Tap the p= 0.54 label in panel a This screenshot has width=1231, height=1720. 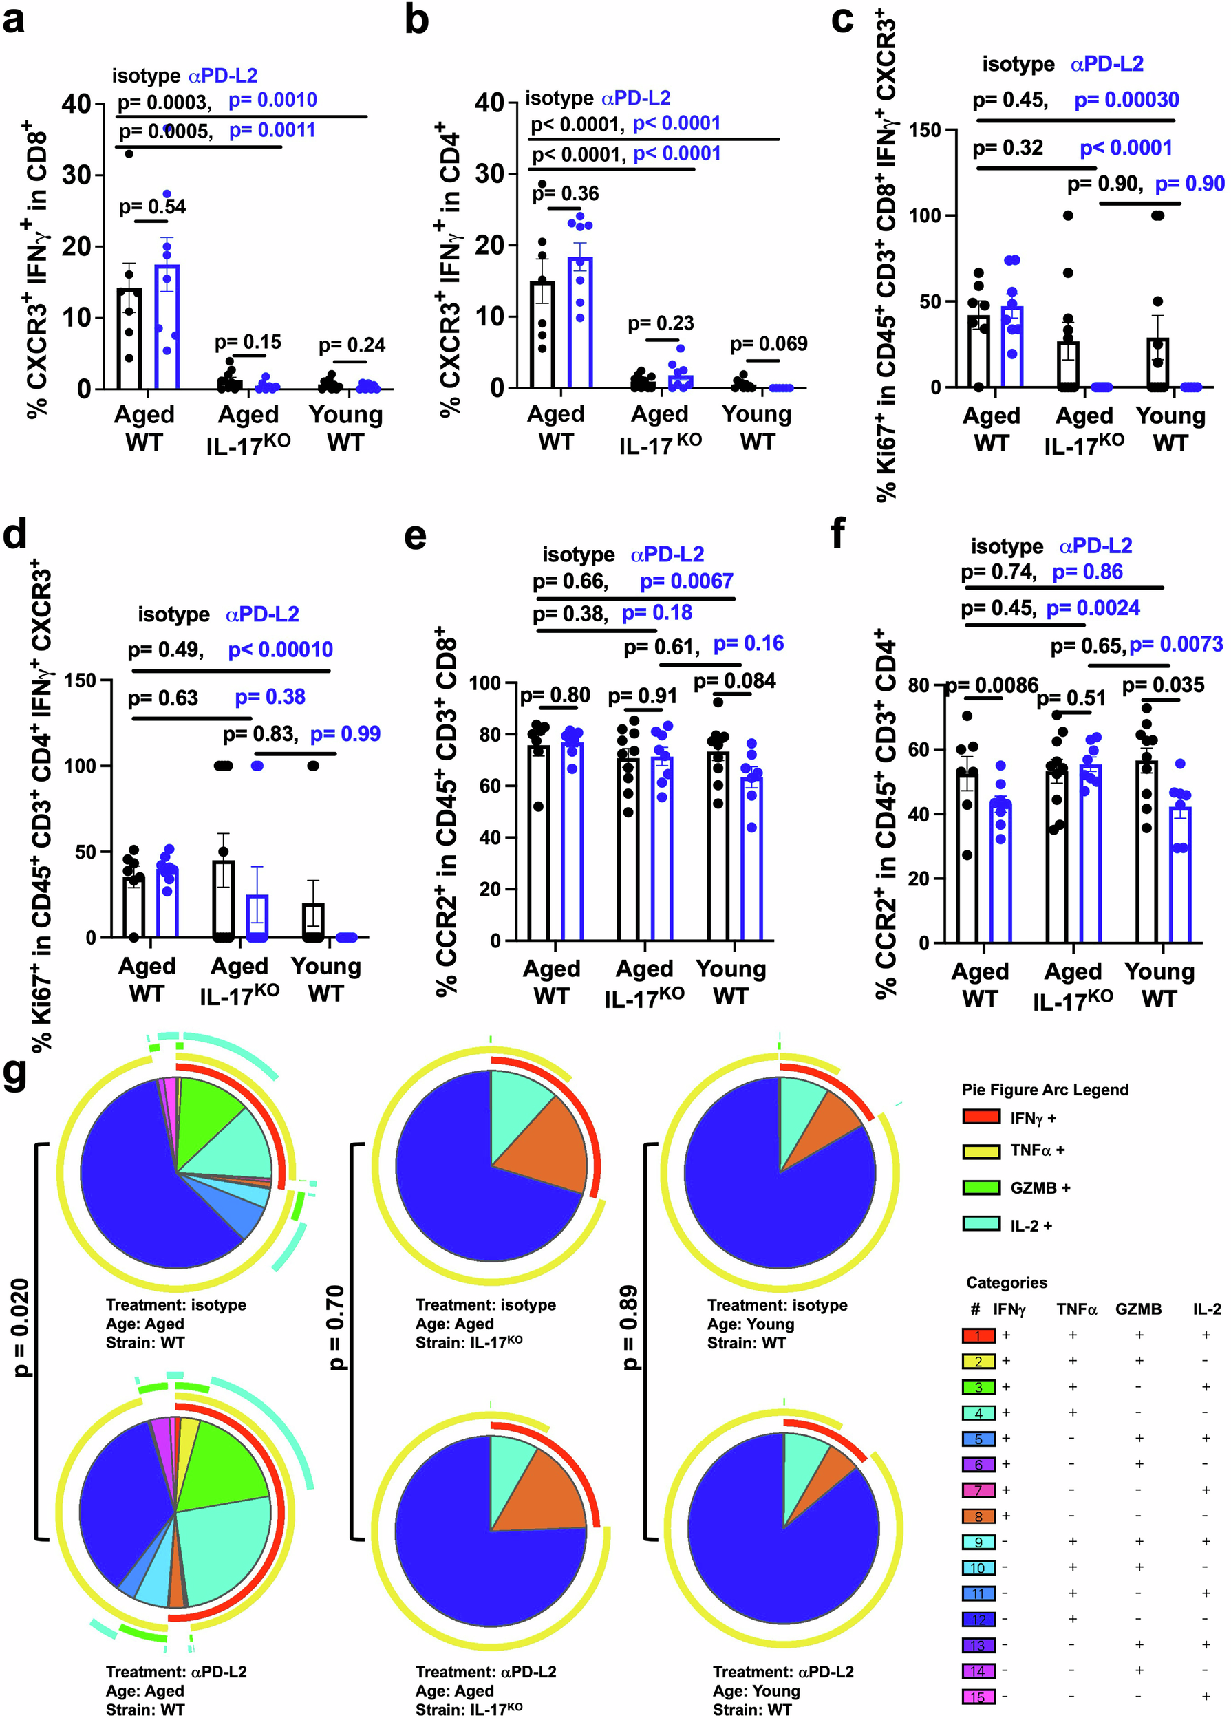coord(152,206)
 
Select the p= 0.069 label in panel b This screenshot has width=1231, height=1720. coord(768,344)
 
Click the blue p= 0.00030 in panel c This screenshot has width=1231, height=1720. coord(1126,100)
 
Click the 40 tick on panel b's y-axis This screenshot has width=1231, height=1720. coord(490,103)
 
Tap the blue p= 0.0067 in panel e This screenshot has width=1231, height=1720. coord(686,581)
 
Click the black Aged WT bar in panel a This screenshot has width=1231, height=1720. coord(129,338)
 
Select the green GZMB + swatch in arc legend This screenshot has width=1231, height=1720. coord(981,1187)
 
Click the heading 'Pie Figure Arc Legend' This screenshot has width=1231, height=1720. coord(1045,1090)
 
